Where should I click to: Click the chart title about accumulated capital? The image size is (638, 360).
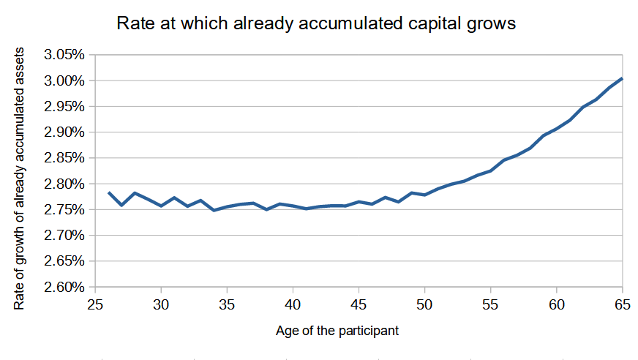coord(316,23)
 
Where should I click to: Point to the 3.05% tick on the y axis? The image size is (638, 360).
coord(64,54)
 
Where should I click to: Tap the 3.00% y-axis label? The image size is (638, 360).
coord(64,80)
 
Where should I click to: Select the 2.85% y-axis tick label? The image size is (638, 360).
coord(64,158)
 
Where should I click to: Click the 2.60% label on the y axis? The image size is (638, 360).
coord(64,287)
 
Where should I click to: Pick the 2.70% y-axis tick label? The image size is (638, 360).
coord(64,236)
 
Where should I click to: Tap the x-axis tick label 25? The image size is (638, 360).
coord(95,304)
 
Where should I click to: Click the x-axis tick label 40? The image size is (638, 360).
coord(293,304)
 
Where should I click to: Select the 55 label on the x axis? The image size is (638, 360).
coord(491,304)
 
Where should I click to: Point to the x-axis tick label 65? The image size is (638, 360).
coord(623,304)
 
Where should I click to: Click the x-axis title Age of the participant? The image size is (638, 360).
coord(337,331)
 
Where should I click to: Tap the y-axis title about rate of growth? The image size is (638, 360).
coord(19,179)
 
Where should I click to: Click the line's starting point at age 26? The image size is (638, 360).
coord(108,192)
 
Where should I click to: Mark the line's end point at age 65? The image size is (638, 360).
coord(622,78)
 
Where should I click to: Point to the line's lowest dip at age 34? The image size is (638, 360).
coord(214,210)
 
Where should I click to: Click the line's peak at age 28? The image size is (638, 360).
coord(135,193)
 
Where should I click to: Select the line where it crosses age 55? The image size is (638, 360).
coord(491,170)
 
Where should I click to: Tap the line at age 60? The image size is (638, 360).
coord(557,129)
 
